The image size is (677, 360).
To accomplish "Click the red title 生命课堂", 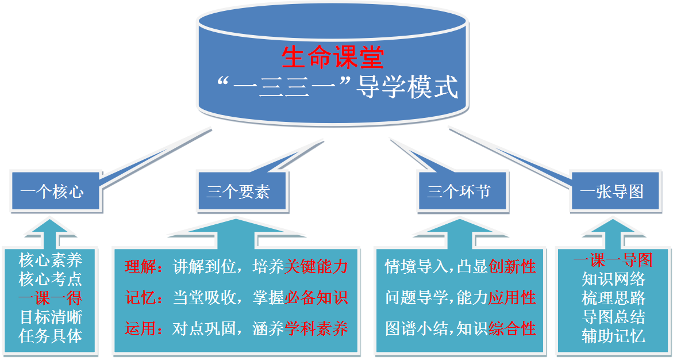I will (333, 58).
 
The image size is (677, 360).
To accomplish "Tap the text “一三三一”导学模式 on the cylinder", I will (338, 88).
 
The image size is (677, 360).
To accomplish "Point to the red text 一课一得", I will (51, 298).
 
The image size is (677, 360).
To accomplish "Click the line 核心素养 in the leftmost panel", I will (51, 261).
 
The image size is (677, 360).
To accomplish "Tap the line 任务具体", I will (51, 336).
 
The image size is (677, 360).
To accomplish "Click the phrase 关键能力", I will (317, 267).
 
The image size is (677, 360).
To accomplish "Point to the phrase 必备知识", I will (317, 297).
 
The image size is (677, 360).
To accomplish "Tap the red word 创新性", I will (512, 267).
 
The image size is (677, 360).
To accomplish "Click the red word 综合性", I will (512, 329).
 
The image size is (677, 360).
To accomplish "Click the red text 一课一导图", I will (613, 260).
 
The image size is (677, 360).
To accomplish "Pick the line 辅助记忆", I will (613, 336).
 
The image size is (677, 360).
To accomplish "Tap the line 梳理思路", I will (613, 298).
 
